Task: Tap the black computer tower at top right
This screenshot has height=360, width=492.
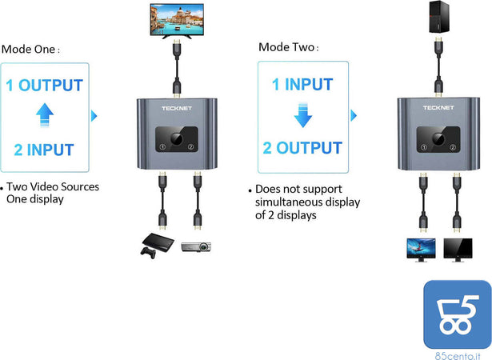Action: point(438,18)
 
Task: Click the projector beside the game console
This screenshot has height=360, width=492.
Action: point(194,247)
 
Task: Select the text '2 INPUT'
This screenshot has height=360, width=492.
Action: point(44,150)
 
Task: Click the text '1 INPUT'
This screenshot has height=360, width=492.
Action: point(302,84)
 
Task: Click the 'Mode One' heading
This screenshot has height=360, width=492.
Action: point(30,49)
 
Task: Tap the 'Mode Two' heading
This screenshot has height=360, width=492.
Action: point(288,47)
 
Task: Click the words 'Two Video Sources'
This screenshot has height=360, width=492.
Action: point(53,187)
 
